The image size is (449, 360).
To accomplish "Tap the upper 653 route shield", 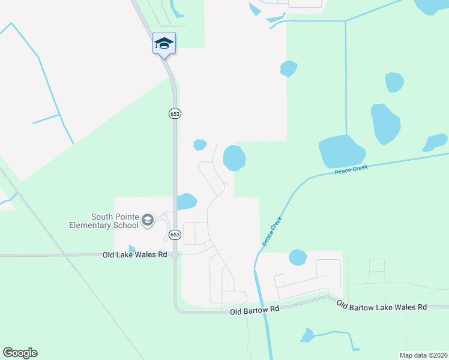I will (175, 113).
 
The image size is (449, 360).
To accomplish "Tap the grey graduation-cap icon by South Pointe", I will (148, 221).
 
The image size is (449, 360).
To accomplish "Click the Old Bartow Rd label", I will (255, 310).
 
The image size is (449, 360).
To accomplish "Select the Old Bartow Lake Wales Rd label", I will (381, 307).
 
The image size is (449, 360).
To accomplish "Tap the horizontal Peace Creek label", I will (351, 170).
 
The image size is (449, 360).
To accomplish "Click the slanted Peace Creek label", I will (272, 231).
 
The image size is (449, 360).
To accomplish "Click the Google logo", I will (20, 353).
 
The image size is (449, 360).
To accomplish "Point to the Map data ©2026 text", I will (423, 355).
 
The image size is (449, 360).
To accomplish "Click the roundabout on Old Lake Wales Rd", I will (175, 255).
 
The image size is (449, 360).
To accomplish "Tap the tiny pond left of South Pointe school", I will (131, 248).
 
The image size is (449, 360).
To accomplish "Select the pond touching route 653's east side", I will (187, 202).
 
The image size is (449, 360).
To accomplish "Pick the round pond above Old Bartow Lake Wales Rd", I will (298, 257).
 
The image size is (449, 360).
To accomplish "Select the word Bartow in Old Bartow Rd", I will (258, 310).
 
